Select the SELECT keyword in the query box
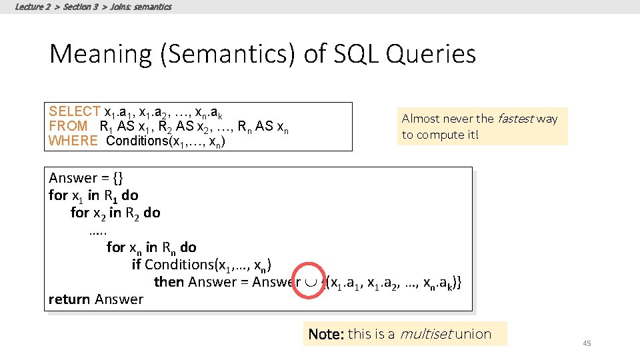[75, 111]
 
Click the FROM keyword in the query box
[68, 126]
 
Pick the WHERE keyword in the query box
[73, 141]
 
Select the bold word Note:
[325, 334]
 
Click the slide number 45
[587, 343]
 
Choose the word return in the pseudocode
[69, 299]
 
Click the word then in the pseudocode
[169, 282]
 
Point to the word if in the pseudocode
[137, 265]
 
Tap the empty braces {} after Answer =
[117, 178]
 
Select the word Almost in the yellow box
[421, 119]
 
